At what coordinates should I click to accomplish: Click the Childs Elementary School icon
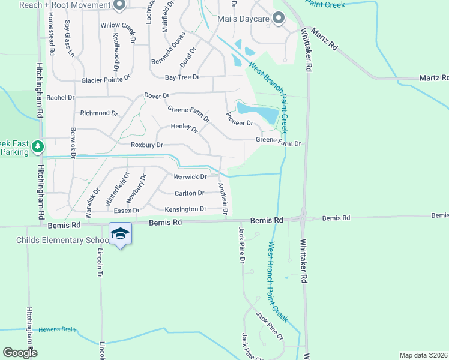pyautogui.click(x=120, y=233)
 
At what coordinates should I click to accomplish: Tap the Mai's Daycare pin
pyautogui.click(x=278, y=18)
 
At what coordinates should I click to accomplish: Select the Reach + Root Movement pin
pyautogui.click(x=119, y=5)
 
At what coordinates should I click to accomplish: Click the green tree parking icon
pyautogui.click(x=38, y=146)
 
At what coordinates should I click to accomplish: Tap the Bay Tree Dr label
pyautogui.click(x=182, y=77)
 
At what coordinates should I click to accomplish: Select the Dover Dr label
pyautogui.click(x=157, y=95)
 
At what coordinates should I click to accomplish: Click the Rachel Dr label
pyautogui.click(x=60, y=97)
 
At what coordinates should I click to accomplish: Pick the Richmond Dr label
pyautogui.click(x=99, y=113)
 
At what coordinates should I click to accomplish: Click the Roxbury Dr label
pyautogui.click(x=147, y=145)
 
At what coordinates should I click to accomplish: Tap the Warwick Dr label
pyautogui.click(x=190, y=177)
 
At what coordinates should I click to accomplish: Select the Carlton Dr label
pyautogui.click(x=189, y=193)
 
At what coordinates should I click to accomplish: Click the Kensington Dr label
pyautogui.click(x=186, y=209)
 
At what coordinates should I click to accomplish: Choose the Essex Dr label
pyautogui.click(x=127, y=211)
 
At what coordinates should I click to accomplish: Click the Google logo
pyautogui.click(x=20, y=353)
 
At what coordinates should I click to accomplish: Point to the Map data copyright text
pyautogui.click(x=423, y=355)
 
